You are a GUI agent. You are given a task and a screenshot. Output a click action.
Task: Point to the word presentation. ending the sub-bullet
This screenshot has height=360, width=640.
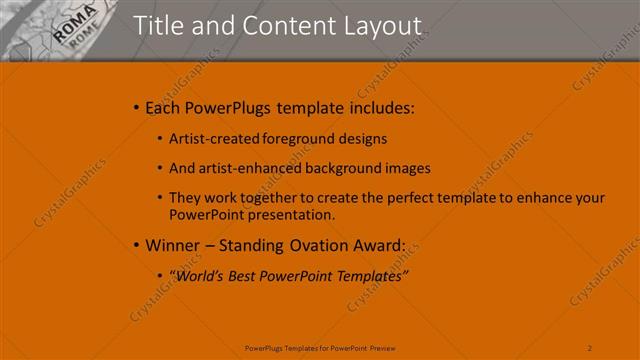tap(291, 214)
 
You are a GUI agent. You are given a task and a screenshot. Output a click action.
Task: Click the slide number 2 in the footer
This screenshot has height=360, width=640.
tap(590, 347)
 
